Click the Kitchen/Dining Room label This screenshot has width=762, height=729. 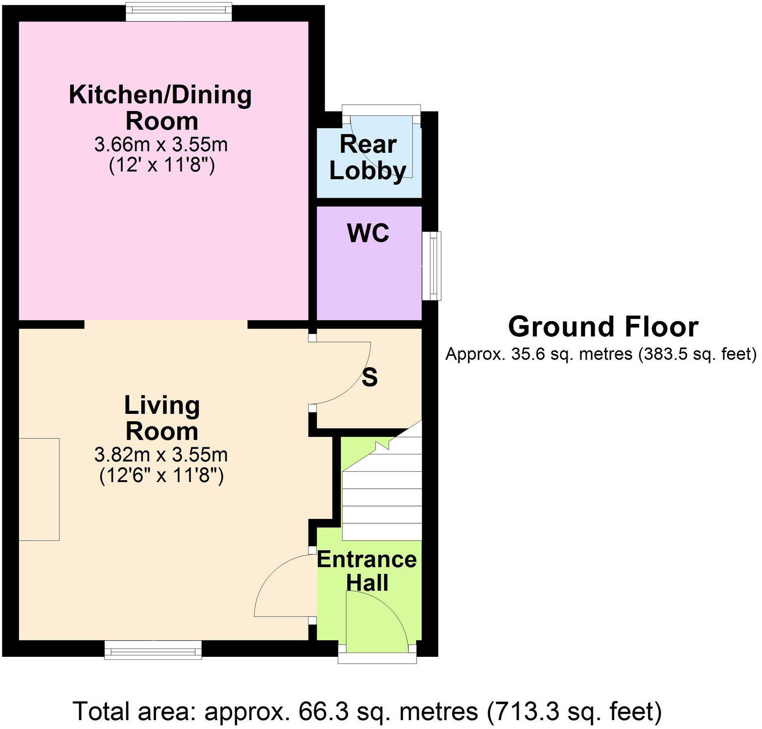160,108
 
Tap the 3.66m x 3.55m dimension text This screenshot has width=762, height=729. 161,145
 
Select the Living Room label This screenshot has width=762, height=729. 161,418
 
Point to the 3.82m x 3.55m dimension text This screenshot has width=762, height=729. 161,455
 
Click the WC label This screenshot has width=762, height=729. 368,233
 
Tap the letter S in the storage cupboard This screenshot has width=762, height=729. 369,378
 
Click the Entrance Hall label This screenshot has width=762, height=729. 367,571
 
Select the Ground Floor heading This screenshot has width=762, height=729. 603,327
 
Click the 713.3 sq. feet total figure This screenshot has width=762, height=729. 574,711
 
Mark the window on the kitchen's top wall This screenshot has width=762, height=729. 179,12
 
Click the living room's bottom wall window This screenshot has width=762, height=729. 153,650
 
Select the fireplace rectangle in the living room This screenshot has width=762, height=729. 39,489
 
